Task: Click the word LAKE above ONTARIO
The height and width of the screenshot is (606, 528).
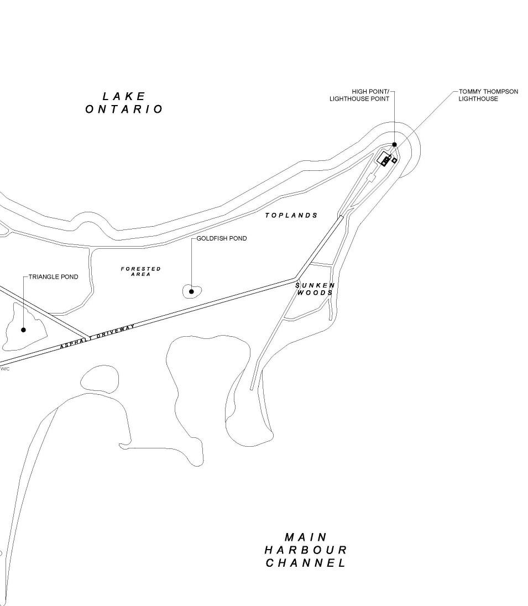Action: (x=124, y=97)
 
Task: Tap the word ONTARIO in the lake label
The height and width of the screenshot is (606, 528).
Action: (x=124, y=109)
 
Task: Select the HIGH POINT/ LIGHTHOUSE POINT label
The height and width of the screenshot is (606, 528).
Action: (x=359, y=95)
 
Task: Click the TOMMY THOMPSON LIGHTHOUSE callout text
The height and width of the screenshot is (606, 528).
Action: (x=488, y=95)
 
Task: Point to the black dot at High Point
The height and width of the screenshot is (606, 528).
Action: (x=394, y=145)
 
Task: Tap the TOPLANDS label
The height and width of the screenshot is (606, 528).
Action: (x=291, y=215)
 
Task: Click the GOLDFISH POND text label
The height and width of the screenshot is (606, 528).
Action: (x=222, y=238)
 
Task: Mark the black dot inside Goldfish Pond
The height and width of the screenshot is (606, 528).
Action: (x=191, y=291)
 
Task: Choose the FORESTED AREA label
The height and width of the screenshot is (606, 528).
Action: (x=141, y=271)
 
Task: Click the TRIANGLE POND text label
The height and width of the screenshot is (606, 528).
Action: (x=54, y=276)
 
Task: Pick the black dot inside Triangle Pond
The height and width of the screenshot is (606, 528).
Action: (x=23, y=330)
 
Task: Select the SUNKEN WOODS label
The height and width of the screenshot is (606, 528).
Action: (x=315, y=289)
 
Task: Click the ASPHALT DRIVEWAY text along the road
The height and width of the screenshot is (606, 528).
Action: (x=97, y=337)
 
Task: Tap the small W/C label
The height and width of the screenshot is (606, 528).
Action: (x=5, y=369)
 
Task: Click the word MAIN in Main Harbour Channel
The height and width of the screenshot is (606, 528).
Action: (x=306, y=537)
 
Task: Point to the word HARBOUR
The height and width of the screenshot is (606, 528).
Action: (x=306, y=550)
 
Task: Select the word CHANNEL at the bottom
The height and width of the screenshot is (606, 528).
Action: (x=306, y=563)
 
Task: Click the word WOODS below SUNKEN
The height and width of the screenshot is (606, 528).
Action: (x=315, y=292)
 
